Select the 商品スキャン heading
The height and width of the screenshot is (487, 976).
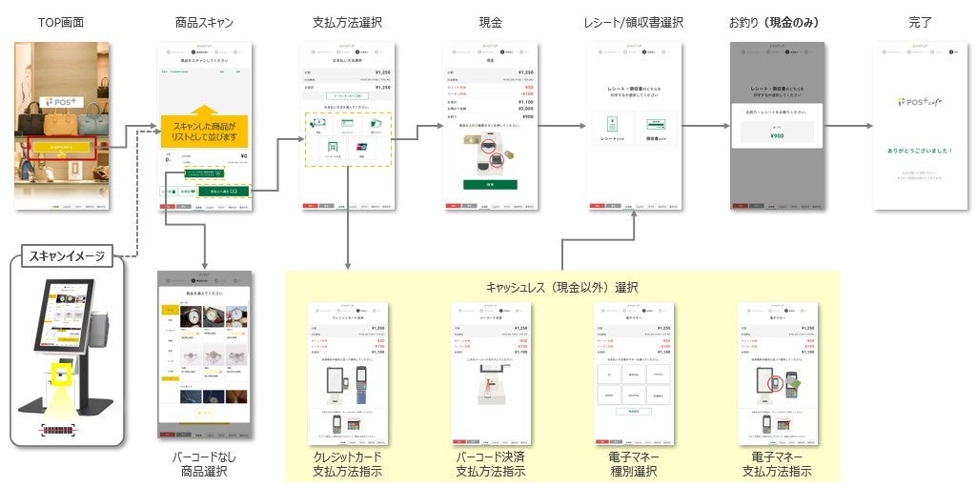click(204, 21)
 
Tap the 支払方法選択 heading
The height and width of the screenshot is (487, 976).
click(347, 21)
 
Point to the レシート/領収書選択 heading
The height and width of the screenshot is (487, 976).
click(633, 21)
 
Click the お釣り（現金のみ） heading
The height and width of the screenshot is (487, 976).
click(776, 21)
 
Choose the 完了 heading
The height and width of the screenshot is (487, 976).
click(920, 21)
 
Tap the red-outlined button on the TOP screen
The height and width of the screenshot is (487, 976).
click(60, 148)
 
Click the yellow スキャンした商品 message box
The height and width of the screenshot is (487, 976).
click(204, 130)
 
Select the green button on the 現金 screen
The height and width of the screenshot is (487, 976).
click(490, 184)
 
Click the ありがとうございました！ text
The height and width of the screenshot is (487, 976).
click(920, 150)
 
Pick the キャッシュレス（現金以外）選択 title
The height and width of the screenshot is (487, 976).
click(561, 286)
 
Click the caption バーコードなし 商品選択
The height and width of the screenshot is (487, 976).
click(204, 464)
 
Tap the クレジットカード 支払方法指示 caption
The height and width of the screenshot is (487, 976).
click(347, 464)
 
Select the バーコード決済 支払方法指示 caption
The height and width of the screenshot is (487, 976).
click(490, 464)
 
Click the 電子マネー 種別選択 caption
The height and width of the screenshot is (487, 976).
click(633, 464)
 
